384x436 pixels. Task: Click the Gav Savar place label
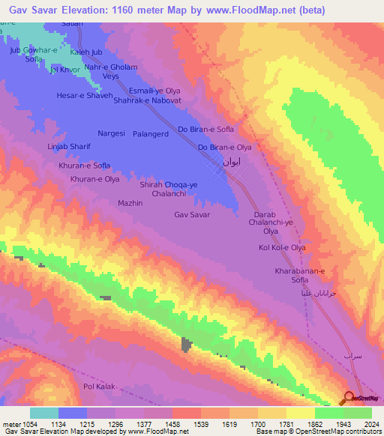192,215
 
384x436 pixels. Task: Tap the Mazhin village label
130,203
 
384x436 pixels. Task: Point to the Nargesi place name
112,133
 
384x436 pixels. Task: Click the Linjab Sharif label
69,147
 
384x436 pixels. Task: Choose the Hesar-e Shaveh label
85,96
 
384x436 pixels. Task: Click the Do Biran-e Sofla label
205,130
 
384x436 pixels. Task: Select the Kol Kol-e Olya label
282,248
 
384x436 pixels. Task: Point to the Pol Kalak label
98,387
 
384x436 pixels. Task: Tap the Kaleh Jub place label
85,52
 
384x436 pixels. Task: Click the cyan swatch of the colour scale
43,413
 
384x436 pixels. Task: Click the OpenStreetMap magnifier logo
348,398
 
